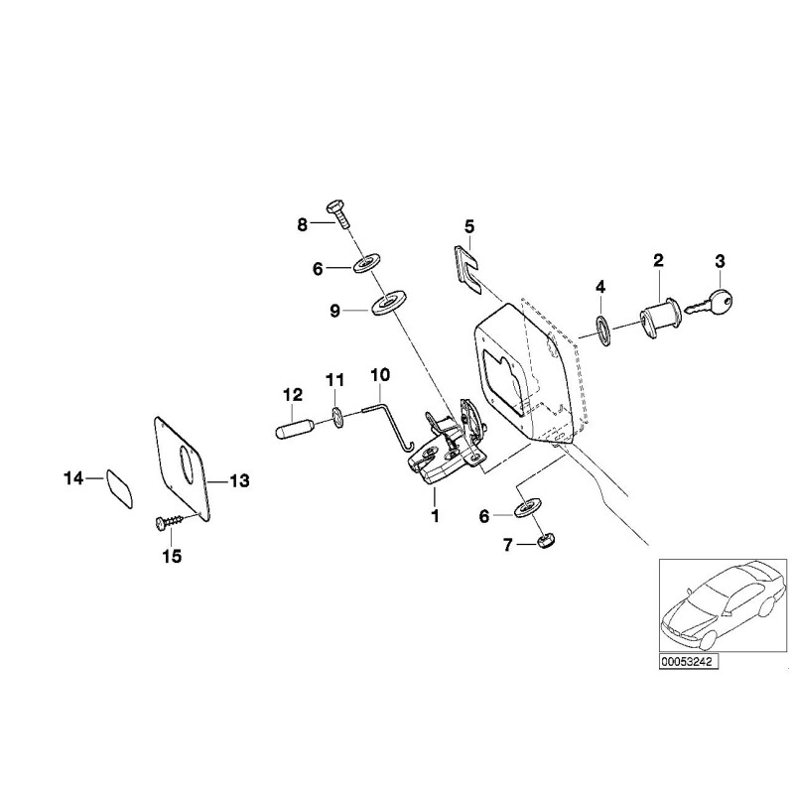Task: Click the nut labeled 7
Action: [x=544, y=540]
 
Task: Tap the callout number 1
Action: [x=434, y=517]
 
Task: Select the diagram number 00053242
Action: [x=688, y=660]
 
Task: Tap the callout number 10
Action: [x=381, y=374]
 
